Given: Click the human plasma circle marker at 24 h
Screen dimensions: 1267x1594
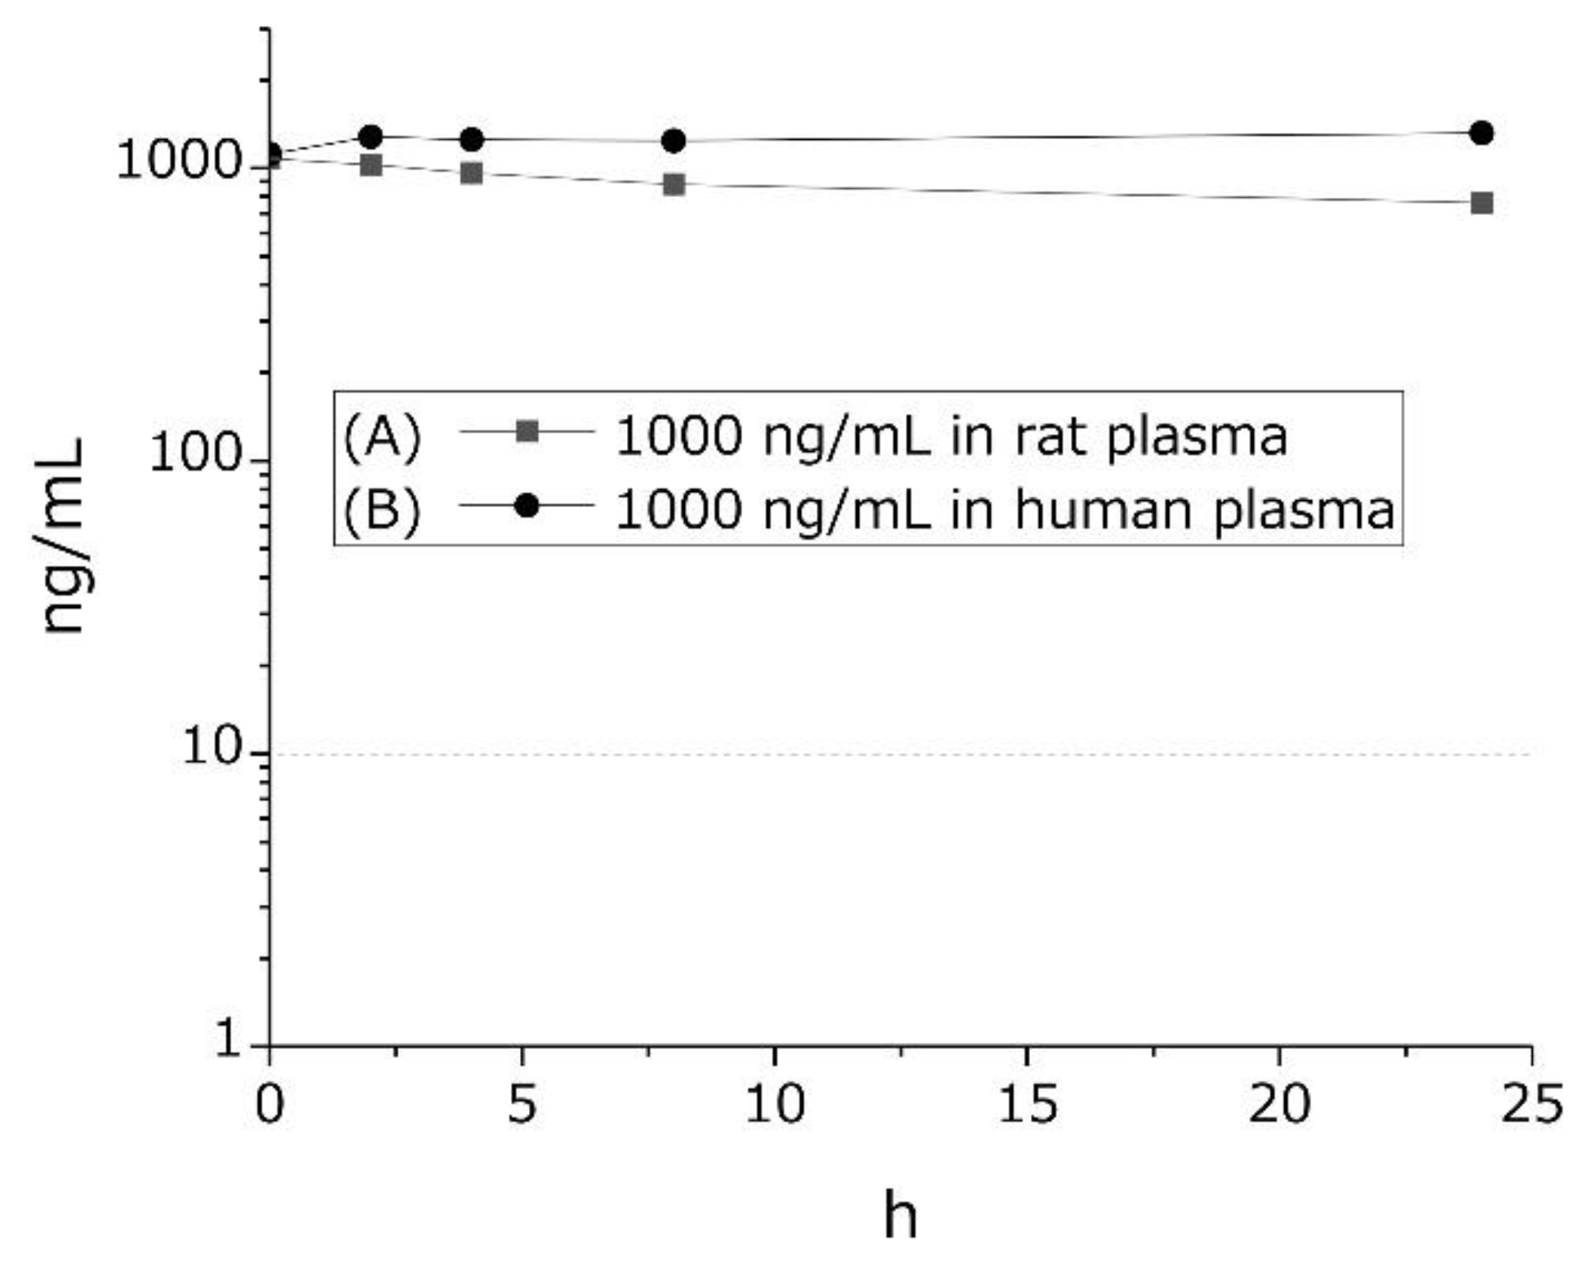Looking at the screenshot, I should point(1480,132).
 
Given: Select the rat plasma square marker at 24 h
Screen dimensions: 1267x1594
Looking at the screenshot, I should point(1480,203).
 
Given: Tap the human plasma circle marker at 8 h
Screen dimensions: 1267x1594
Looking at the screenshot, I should point(673,141).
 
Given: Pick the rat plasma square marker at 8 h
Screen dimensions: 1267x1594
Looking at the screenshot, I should point(673,185).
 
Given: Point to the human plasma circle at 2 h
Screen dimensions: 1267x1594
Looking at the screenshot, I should point(370,137).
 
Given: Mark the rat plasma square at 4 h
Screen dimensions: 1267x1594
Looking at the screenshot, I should point(471,173).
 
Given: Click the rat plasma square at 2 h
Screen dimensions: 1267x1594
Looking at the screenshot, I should point(370,165).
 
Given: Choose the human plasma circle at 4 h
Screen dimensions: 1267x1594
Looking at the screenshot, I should point(471,140).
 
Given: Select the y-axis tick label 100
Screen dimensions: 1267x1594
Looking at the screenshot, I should point(196,454).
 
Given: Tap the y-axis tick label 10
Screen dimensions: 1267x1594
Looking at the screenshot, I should point(214,746).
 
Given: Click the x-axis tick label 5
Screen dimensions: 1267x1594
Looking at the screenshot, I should point(522,1104).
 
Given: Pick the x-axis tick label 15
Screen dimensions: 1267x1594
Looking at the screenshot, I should point(1026,1104).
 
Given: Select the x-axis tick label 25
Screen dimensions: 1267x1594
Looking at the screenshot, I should point(1531,1104).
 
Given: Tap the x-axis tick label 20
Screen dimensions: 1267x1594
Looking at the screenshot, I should point(1278,1104).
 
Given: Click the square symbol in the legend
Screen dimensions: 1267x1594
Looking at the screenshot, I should point(528,431).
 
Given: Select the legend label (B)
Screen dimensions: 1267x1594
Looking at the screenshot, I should point(382,508).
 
